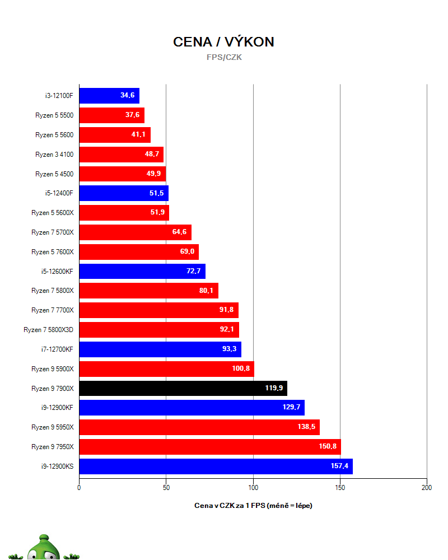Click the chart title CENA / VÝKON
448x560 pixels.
(223, 42)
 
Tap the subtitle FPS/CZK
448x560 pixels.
(224, 57)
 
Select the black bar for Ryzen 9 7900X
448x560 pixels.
(183, 388)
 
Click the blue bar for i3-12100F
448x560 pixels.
(109, 96)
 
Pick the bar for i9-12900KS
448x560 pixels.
(216, 466)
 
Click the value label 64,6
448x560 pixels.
(179, 232)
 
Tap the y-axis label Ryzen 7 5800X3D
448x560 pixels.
(48, 330)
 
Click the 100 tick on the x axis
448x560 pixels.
(253, 488)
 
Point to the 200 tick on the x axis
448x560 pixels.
(427, 488)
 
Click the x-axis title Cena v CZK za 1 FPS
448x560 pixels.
(253, 506)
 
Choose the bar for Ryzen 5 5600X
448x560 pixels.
(124, 213)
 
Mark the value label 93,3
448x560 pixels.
(229, 349)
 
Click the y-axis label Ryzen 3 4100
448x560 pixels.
(54, 154)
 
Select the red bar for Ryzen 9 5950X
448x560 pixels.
(199, 427)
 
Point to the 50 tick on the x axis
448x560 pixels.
(166, 488)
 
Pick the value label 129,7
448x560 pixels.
(291, 408)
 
